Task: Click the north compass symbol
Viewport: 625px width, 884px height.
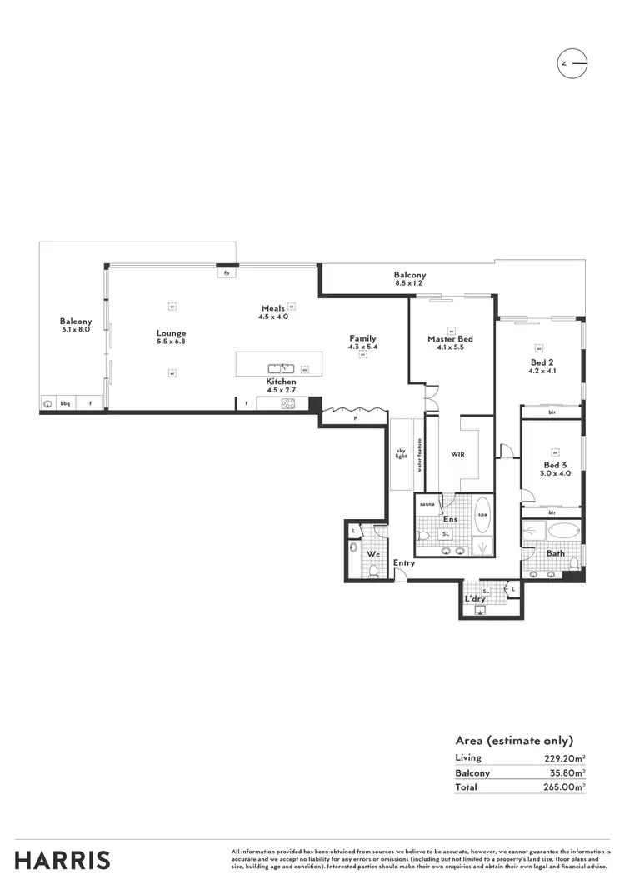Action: click(572, 63)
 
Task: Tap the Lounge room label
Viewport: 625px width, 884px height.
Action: click(171, 333)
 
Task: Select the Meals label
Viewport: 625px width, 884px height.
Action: click(273, 308)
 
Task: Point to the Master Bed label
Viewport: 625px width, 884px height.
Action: click(450, 339)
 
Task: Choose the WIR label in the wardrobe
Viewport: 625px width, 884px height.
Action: click(457, 455)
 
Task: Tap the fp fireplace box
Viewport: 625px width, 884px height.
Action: click(226, 272)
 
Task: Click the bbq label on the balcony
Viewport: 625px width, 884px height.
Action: click(64, 403)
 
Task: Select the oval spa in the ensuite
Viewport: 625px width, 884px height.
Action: click(482, 514)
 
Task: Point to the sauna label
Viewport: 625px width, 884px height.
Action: click(426, 504)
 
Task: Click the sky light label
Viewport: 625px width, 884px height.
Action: click(401, 455)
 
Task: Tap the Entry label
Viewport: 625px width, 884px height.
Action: click(404, 563)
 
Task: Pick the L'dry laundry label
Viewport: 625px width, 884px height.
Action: click(474, 598)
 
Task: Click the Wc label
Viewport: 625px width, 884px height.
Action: click(374, 553)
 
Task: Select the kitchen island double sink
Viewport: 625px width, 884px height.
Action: click(281, 367)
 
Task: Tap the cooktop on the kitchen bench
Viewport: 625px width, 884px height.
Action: click(288, 403)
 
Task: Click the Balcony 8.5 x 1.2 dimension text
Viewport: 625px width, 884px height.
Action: click(409, 283)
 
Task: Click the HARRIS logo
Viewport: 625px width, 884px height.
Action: click(62, 860)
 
